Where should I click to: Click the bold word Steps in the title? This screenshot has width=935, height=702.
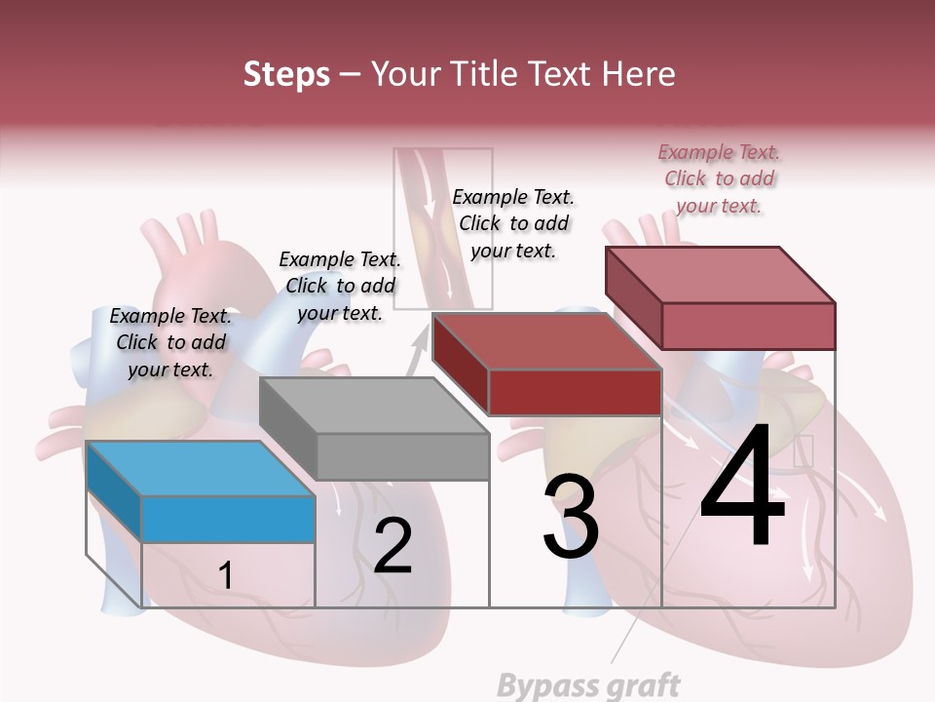click(x=286, y=74)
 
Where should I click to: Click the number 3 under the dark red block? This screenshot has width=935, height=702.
click(x=571, y=518)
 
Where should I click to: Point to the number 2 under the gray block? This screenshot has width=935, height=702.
click(x=393, y=546)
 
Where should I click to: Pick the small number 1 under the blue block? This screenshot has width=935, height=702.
click(x=226, y=575)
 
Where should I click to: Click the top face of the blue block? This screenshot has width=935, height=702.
click(x=201, y=468)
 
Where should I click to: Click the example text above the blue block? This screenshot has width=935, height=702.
click(x=171, y=342)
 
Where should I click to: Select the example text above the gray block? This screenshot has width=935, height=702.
click(x=340, y=286)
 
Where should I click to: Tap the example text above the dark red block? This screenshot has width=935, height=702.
click(x=513, y=223)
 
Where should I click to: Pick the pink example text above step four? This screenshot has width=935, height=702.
click(x=720, y=178)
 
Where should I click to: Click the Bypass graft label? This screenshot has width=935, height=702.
click(x=588, y=685)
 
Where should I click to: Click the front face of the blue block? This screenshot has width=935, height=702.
click(x=229, y=519)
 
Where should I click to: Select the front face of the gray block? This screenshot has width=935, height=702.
click(x=402, y=456)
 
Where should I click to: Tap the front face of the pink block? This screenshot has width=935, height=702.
click(x=748, y=326)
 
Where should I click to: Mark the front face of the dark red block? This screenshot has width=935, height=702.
click(x=575, y=392)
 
